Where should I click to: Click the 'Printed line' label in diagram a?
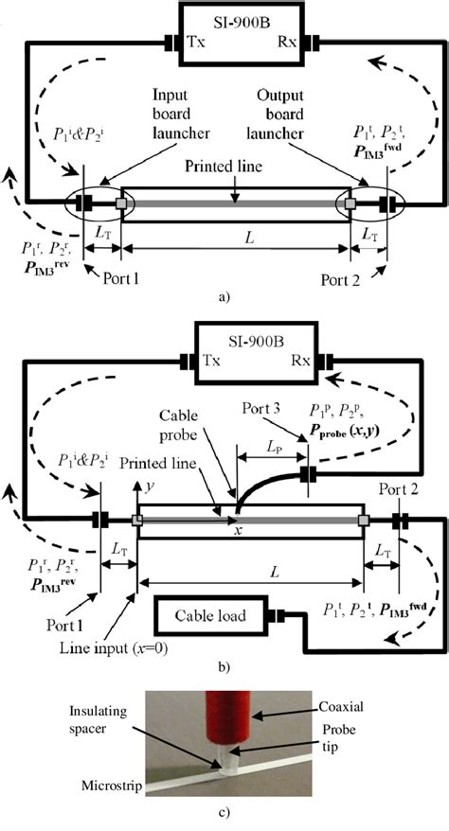[x=224, y=168]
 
